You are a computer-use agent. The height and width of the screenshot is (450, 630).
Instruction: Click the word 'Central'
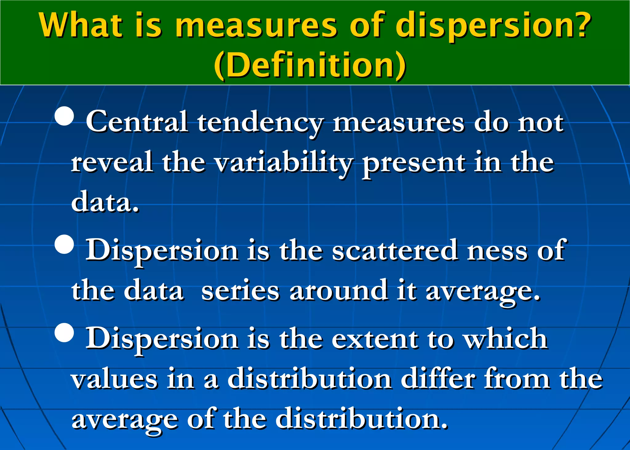[137, 122]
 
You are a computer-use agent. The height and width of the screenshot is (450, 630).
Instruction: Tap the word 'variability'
[283, 163]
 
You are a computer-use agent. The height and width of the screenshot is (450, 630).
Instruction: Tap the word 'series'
[240, 291]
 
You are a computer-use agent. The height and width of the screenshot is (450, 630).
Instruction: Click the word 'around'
[338, 291]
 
